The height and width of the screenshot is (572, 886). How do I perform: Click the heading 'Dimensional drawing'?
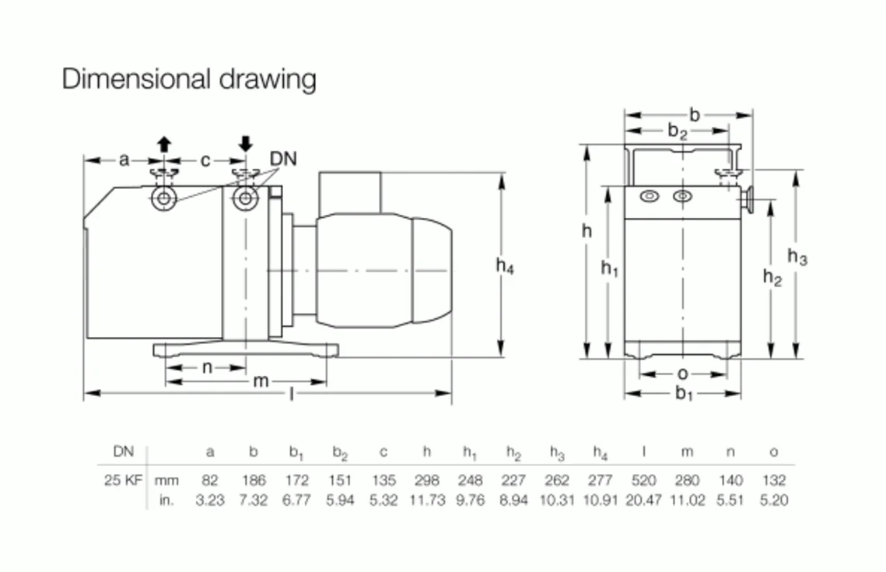tap(189, 79)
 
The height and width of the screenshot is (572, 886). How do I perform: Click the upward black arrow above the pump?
tap(163, 143)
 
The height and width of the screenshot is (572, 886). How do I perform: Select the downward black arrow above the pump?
tap(246, 143)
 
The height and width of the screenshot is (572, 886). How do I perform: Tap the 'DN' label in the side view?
tap(283, 159)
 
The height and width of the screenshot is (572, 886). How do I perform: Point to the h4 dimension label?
tap(506, 266)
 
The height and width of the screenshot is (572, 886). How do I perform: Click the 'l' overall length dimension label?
tap(292, 395)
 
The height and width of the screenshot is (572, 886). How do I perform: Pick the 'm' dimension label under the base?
tap(261, 381)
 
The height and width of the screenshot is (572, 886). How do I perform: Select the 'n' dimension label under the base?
tap(207, 367)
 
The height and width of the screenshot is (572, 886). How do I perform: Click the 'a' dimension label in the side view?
tap(124, 160)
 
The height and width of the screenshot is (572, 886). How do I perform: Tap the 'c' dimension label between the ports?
tap(205, 160)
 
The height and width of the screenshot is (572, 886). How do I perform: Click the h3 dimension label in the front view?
tap(797, 256)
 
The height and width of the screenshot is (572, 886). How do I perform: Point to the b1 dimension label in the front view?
tap(684, 395)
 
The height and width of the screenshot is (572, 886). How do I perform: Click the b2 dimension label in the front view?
tap(678, 132)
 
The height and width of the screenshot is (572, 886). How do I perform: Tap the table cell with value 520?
tap(643, 480)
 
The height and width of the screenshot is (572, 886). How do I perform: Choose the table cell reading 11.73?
tap(427, 500)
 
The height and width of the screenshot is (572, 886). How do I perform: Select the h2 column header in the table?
tap(513, 452)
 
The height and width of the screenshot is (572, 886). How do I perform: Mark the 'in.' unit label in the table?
tap(166, 500)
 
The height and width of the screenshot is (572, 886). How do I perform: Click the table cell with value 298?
tap(427, 480)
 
